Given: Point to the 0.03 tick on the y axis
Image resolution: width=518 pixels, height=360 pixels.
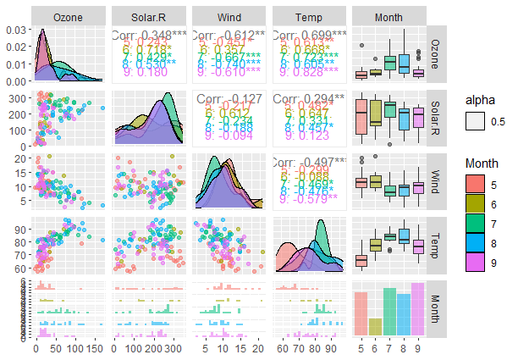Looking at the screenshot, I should tap(15, 31).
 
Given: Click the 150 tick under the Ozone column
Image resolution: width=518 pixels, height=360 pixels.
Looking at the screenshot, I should tap(94, 348).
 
